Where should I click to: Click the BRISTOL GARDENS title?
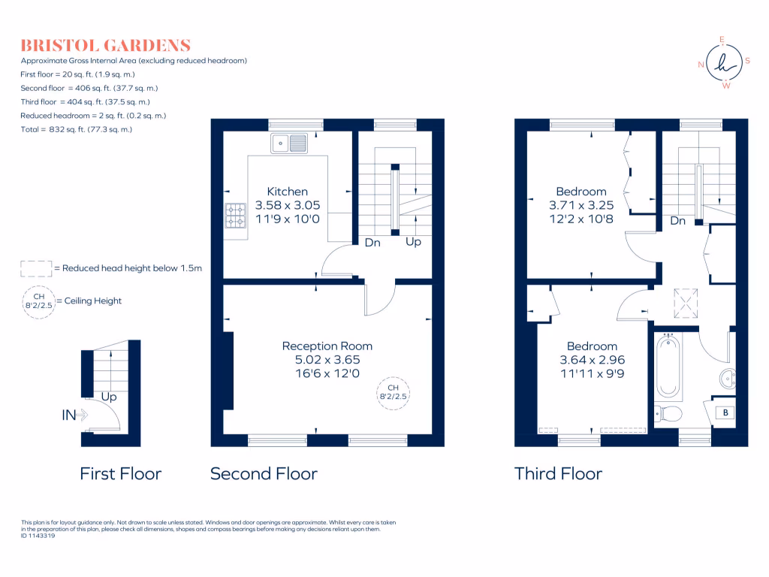(x=105, y=46)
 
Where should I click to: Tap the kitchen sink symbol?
(x=289, y=143)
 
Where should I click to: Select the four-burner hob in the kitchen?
(x=235, y=216)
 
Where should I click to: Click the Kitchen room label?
(x=288, y=192)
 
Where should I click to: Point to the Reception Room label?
(x=327, y=346)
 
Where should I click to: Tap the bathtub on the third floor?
(x=668, y=366)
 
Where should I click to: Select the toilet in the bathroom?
(x=668, y=414)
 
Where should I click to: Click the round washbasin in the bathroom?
(x=728, y=379)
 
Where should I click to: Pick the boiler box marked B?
(x=725, y=412)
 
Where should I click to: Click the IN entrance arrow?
(x=74, y=415)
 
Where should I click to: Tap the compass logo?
(x=725, y=63)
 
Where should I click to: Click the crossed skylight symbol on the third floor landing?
(x=686, y=304)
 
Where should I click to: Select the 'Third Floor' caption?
(x=558, y=473)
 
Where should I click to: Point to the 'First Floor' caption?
(x=121, y=473)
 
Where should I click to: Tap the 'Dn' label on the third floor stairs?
(x=678, y=221)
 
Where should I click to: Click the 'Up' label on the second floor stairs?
(x=414, y=241)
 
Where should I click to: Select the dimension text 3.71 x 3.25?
(x=581, y=205)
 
